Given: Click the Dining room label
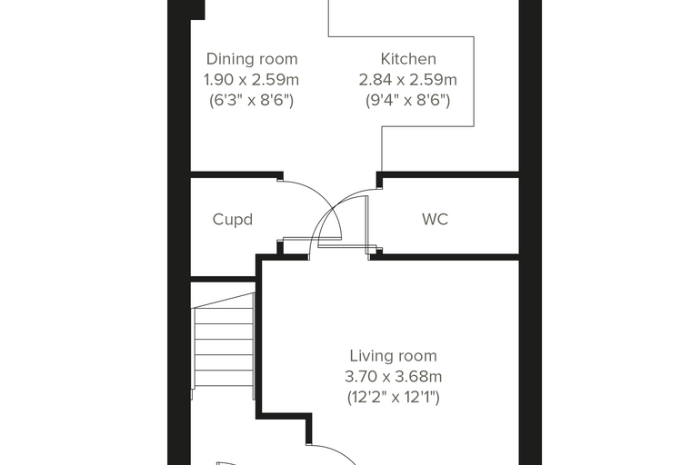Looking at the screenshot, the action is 252,59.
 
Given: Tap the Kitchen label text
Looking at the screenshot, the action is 408,58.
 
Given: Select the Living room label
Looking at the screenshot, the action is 393,356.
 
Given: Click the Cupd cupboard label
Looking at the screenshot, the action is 232,219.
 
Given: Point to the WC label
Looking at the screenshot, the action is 435,219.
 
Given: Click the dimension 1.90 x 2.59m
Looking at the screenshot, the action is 251,80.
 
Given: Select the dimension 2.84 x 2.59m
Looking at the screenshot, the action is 408,80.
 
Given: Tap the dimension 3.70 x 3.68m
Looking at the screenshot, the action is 393,377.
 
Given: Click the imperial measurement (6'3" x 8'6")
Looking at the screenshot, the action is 251,101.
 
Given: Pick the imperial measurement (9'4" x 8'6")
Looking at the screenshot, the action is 408,101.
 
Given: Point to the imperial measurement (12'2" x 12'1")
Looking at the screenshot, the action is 393,398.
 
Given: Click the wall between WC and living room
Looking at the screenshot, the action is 445,257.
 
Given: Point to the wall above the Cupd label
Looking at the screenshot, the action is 236,174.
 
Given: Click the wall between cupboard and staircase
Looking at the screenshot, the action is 223,280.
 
